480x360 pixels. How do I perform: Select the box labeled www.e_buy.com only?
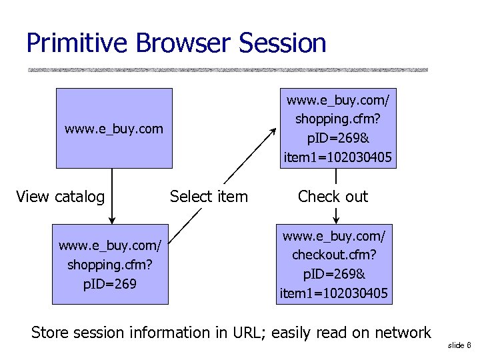(x=113, y=128)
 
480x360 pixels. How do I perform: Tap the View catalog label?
(x=60, y=197)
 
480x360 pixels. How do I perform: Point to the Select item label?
(x=209, y=197)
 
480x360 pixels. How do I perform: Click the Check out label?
(x=333, y=197)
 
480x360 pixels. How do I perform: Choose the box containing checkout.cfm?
(x=335, y=265)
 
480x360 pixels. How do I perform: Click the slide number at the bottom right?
(x=459, y=345)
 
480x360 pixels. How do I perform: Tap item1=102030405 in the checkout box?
(x=335, y=293)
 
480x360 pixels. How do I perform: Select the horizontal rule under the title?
(x=227, y=69)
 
